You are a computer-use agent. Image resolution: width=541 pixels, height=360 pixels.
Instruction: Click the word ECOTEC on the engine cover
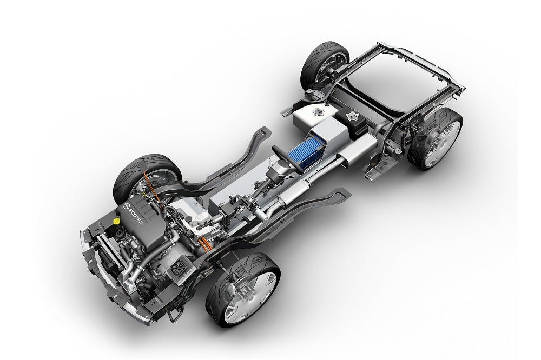click(x=136, y=216)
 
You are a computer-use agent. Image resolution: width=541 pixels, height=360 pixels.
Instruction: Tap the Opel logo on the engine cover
click(x=126, y=206)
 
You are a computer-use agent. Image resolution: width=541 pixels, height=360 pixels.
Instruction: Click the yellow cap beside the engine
click(x=116, y=221)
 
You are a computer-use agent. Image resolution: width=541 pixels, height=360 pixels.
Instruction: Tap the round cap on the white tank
click(x=316, y=112)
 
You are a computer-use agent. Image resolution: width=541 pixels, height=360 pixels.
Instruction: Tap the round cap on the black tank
click(x=352, y=115)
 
